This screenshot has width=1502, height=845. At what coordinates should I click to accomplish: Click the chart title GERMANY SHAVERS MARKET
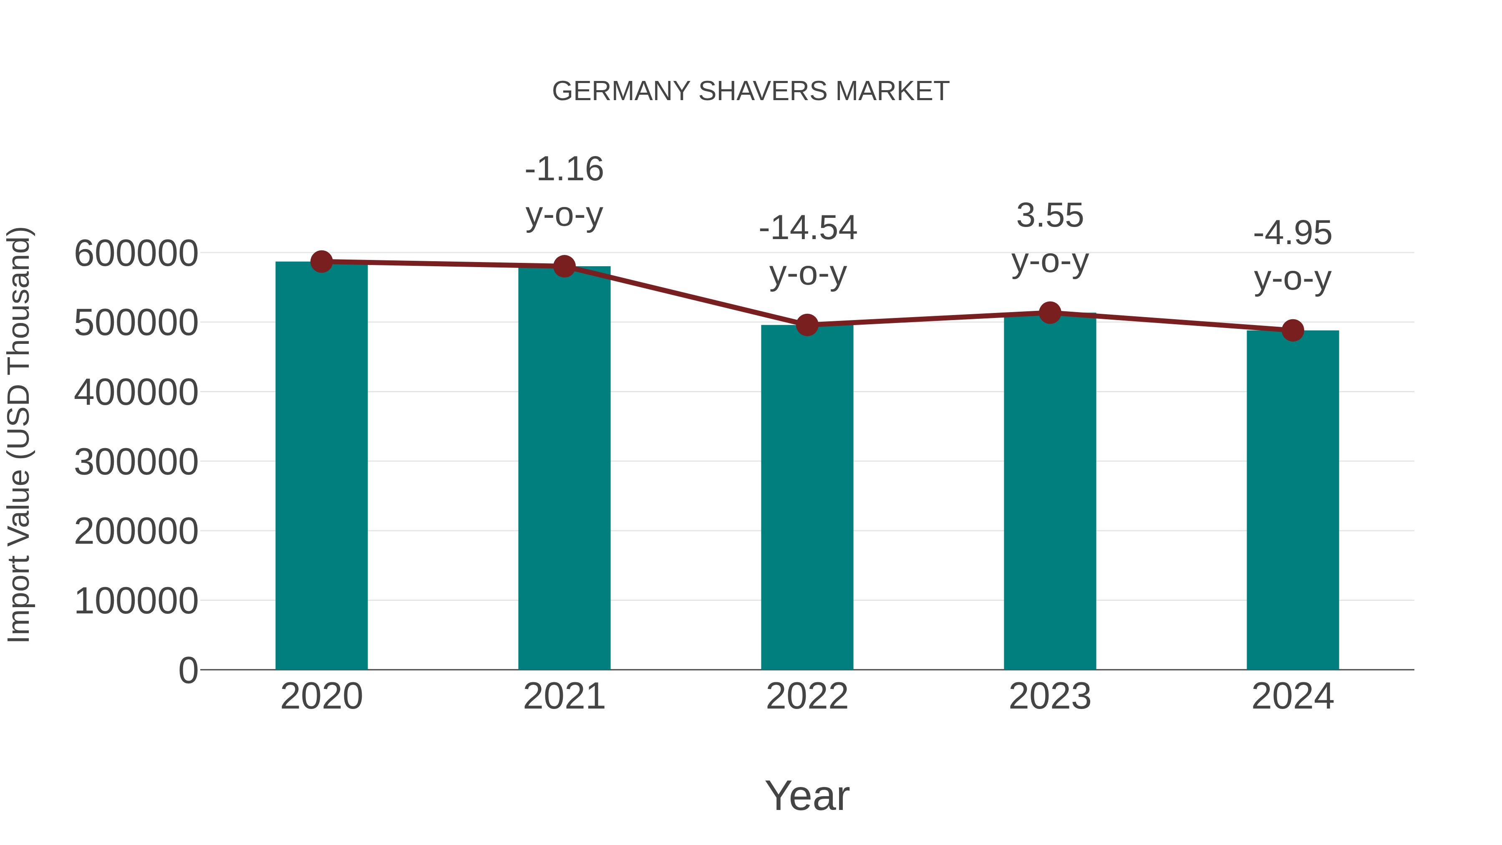[x=751, y=91]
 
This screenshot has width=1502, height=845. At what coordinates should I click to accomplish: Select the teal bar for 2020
[x=321, y=467]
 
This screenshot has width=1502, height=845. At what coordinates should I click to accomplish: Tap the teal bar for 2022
[x=807, y=496]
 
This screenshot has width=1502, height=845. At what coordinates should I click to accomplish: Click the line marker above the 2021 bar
[x=564, y=267]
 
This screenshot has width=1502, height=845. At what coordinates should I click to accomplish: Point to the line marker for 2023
[x=1050, y=313]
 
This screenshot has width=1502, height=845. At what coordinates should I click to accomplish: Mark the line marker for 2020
[x=321, y=262]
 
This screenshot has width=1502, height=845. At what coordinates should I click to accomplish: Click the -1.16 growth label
[x=564, y=169]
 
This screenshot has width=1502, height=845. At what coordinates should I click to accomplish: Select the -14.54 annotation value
[x=808, y=228]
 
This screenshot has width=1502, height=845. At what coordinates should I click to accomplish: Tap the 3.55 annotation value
[x=1050, y=216]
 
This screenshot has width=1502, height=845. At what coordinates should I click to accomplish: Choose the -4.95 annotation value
[x=1293, y=233]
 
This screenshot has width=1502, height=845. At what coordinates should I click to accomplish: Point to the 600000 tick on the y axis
[x=136, y=254]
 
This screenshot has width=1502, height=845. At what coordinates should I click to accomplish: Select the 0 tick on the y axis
[x=188, y=670]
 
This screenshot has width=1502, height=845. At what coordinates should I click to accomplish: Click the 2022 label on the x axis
[x=807, y=696]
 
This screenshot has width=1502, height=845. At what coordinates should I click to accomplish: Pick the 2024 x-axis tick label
[x=1293, y=696]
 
